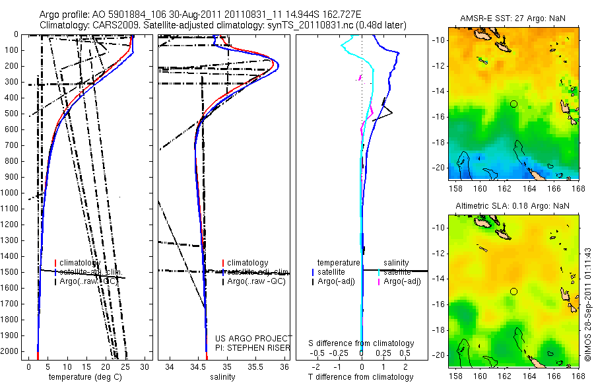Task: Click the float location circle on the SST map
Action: point(513,104)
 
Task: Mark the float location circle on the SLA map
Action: point(513,291)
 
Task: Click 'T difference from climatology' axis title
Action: point(362,377)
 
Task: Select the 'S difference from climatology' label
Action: point(362,343)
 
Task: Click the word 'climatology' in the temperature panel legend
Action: point(81,263)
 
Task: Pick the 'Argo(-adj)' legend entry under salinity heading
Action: point(402,282)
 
